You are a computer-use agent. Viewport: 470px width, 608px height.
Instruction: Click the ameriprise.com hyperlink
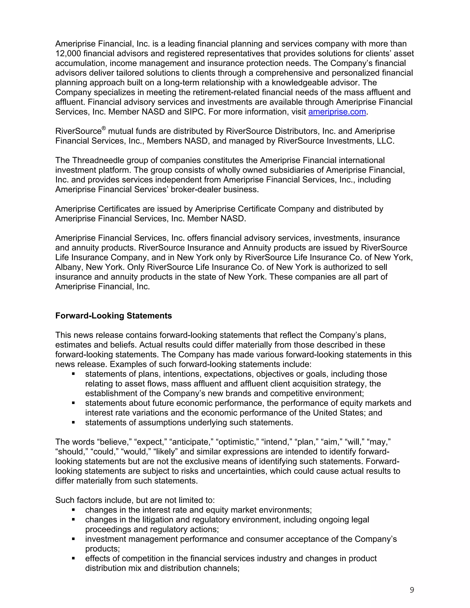tap(337, 112)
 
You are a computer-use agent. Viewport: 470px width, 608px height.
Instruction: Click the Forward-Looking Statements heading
tap(113, 316)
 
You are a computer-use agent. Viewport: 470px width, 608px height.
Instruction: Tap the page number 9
tap(412, 590)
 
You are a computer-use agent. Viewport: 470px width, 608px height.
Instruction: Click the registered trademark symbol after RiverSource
tap(104, 128)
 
